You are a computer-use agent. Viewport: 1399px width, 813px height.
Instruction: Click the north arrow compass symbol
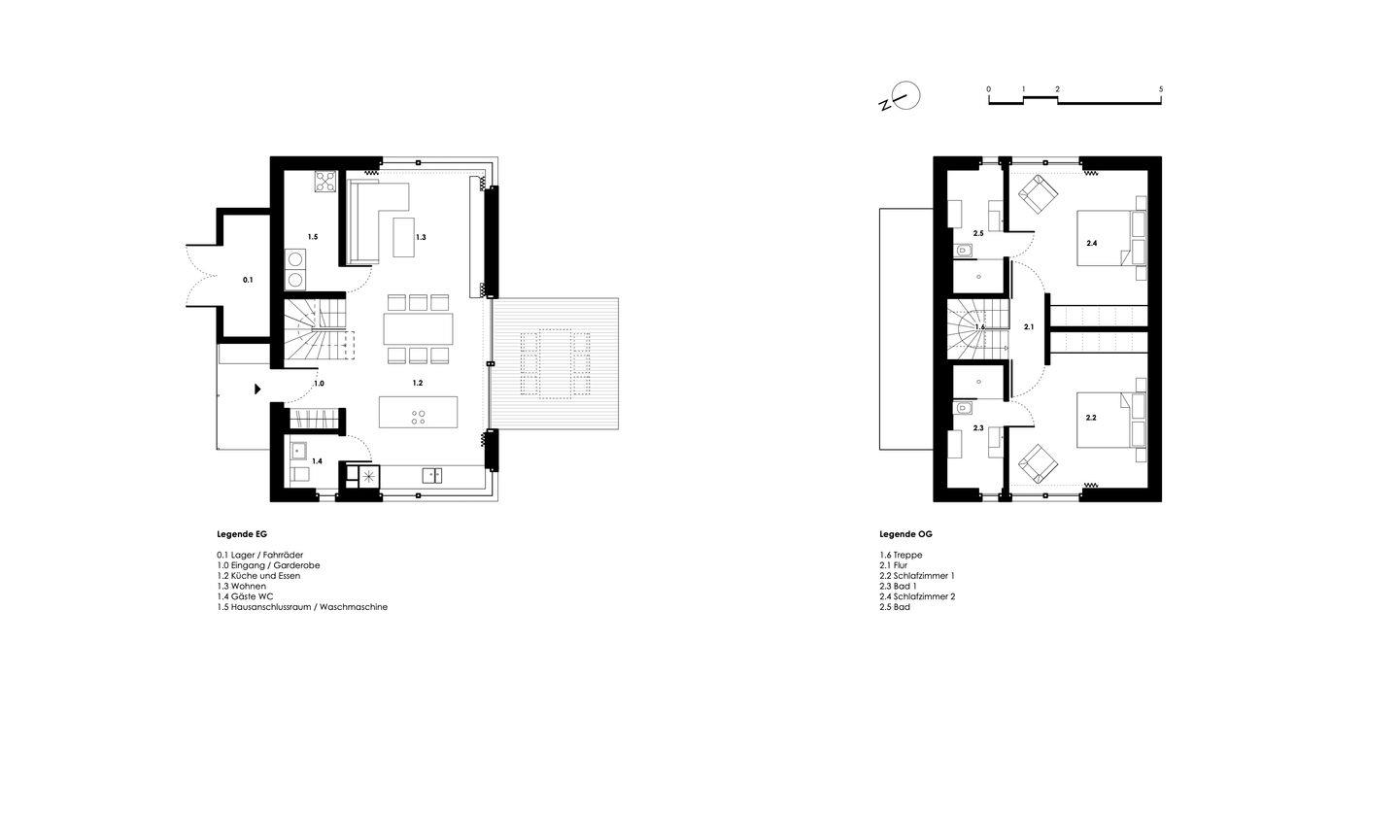point(901,97)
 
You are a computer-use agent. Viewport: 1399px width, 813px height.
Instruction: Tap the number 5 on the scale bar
point(1160,89)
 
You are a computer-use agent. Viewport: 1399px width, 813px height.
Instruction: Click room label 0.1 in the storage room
point(248,280)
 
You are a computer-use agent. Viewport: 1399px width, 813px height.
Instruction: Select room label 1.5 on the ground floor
point(313,237)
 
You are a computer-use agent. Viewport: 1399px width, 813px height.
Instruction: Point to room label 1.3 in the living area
point(421,237)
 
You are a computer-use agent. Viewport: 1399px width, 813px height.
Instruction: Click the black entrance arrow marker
point(257,389)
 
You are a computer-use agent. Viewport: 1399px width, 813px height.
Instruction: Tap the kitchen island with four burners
point(418,412)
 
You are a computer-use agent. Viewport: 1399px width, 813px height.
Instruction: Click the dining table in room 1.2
point(419,328)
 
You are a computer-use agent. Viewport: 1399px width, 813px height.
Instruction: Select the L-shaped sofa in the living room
point(373,220)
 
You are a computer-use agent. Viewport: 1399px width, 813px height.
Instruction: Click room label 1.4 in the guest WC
point(318,460)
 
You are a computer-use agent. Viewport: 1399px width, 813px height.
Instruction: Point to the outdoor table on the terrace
point(555,364)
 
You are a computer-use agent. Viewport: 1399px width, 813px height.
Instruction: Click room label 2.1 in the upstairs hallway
point(1029,326)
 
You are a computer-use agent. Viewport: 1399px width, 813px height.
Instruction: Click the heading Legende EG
point(242,534)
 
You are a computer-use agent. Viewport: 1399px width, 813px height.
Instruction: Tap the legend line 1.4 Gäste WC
point(245,596)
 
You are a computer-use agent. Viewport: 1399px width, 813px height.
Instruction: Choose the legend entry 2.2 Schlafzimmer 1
point(917,576)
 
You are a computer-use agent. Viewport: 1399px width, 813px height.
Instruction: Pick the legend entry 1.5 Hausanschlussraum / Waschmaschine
point(302,607)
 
